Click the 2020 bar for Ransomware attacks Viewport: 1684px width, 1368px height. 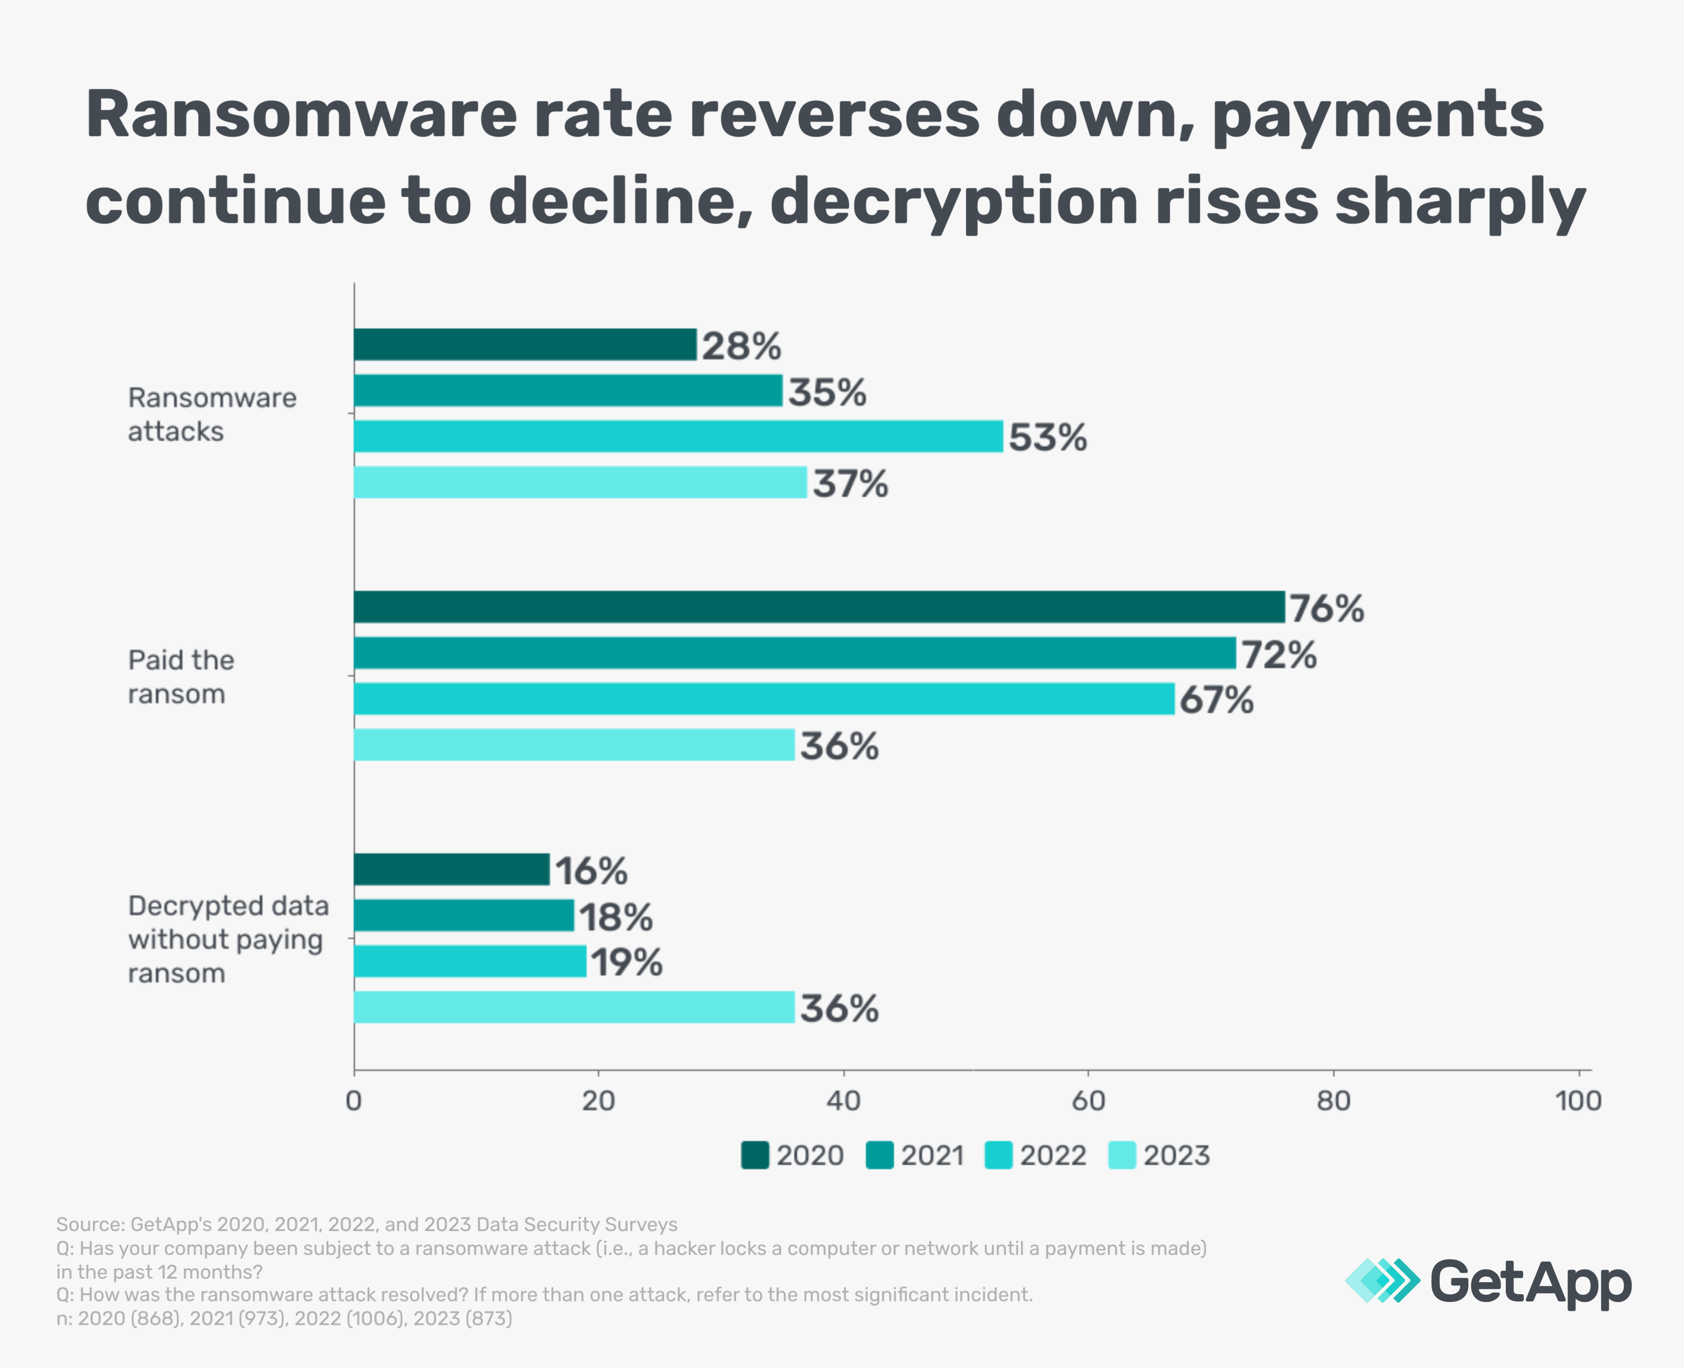[x=525, y=344]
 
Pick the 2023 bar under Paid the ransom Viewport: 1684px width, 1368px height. [x=573, y=744]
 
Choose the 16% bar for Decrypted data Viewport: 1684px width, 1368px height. [x=452, y=869]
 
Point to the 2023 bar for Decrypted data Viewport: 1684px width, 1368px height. [x=573, y=1007]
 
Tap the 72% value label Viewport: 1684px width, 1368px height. [x=1278, y=655]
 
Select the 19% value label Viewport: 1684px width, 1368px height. [x=626, y=962]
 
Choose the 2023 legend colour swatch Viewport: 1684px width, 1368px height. [x=1121, y=1155]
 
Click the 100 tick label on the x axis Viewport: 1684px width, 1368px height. [x=1578, y=1101]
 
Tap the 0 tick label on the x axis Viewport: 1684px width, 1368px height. [x=354, y=1101]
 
